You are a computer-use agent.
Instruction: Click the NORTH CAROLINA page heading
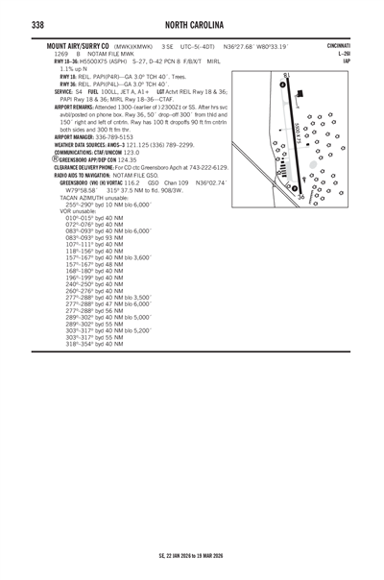point(192,23)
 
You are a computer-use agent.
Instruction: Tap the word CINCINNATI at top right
point(338,46)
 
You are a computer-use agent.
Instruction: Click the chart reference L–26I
point(344,54)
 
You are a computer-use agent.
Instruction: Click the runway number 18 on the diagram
point(286,74)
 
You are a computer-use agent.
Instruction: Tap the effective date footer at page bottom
point(192,555)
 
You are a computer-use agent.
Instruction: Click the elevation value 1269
point(47,54)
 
